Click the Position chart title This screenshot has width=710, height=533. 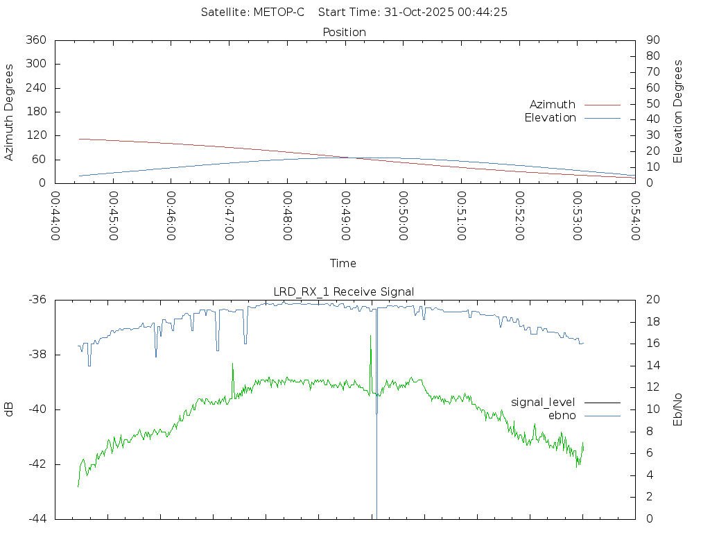click(x=345, y=32)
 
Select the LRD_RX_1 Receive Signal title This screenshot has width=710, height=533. click(x=344, y=291)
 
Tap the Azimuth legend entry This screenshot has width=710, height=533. click(x=553, y=104)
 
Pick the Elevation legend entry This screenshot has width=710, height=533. click(x=550, y=117)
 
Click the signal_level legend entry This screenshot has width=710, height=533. click(x=543, y=402)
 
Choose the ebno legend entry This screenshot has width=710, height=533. click(x=562, y=415)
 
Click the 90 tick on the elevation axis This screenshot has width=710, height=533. click(x=652, y=40)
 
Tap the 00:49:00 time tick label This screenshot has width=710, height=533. click(x=345, y=216)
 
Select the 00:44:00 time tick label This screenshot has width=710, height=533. click(x=55, y=216)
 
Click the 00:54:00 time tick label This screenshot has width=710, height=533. click(x=635, y=216)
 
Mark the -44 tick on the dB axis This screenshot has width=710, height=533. click(x=36, y=518)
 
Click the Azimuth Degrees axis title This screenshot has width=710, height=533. click(x=10, y=112)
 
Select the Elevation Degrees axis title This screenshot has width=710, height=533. click(x=678, y=112)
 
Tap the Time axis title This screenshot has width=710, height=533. click(x=343, y=263)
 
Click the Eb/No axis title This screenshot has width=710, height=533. click(x=678, y=409)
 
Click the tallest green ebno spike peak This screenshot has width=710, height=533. click(x=370, y=336)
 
